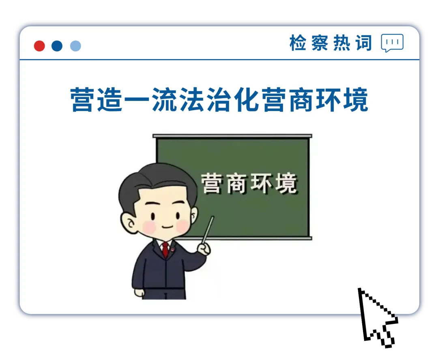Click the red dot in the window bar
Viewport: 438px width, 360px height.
tap(39, 46)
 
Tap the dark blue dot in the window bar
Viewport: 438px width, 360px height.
tap(57, 46)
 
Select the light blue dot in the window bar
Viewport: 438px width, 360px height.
tap(75, 46)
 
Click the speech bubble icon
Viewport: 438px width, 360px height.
tap(392, 43)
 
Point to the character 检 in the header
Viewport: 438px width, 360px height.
tap(298, 43)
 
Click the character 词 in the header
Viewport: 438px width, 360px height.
tap(364, 43)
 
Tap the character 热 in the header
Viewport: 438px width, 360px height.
tap(342, 43)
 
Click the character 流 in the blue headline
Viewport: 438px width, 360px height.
tap(165, 100)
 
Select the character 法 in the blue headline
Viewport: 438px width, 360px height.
tap(192, 100)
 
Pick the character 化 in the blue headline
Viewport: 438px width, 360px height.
tap(247, 100)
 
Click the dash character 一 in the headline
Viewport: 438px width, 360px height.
tap(137, 100)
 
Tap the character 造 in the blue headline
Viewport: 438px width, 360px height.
tap(110, 100)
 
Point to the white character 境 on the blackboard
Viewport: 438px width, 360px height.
tap(286, 183)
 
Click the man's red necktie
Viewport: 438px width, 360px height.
tap(165, 249)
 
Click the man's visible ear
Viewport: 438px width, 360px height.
tap(128, 223)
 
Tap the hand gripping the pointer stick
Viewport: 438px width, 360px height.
tap(204, 249)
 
